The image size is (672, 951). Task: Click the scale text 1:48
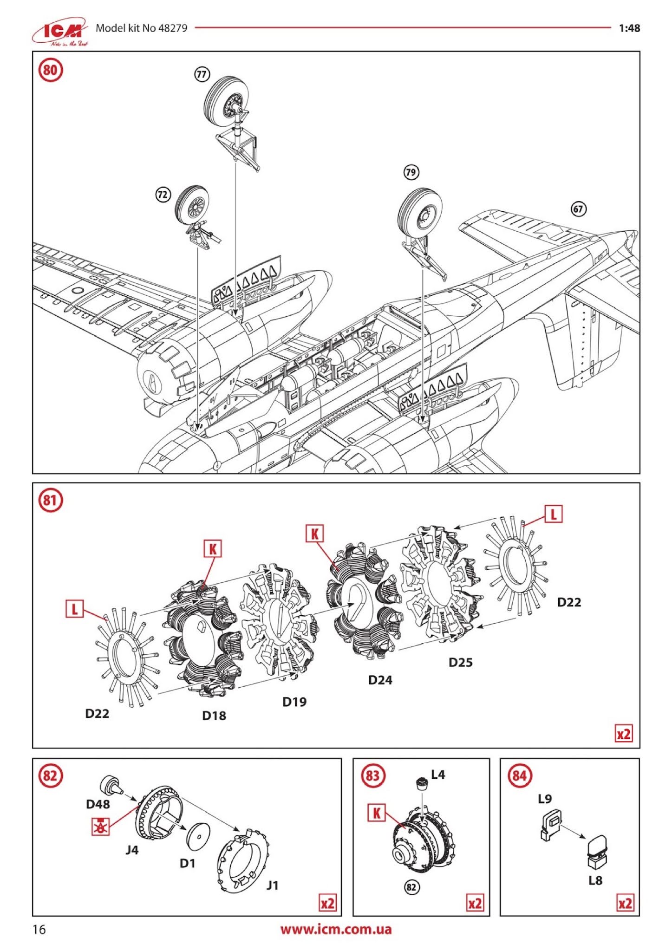(x=629, y=28)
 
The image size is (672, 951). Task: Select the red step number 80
(x=50, y=70)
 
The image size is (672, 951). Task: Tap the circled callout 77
(x=202, y=74)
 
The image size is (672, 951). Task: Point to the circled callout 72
(x=163, y=195)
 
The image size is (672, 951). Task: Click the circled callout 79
(x=411, y=173)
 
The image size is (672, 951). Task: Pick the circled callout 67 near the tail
(x=578, y=209)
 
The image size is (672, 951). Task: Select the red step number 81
(x=50, y=501)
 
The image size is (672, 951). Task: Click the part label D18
(x=214, y=716)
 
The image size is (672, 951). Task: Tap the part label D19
(x=294, y=702)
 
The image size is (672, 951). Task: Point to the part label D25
(x=460, y=662)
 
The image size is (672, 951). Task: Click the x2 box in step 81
(x=624, y=734)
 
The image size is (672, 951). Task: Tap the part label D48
(x=98, y=804)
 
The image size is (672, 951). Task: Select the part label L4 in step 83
(x=438, y=775)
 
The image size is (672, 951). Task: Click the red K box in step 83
(x=376, y=813)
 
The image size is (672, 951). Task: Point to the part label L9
(x=545, y=799)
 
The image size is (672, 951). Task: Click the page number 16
(x=39, y=929)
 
